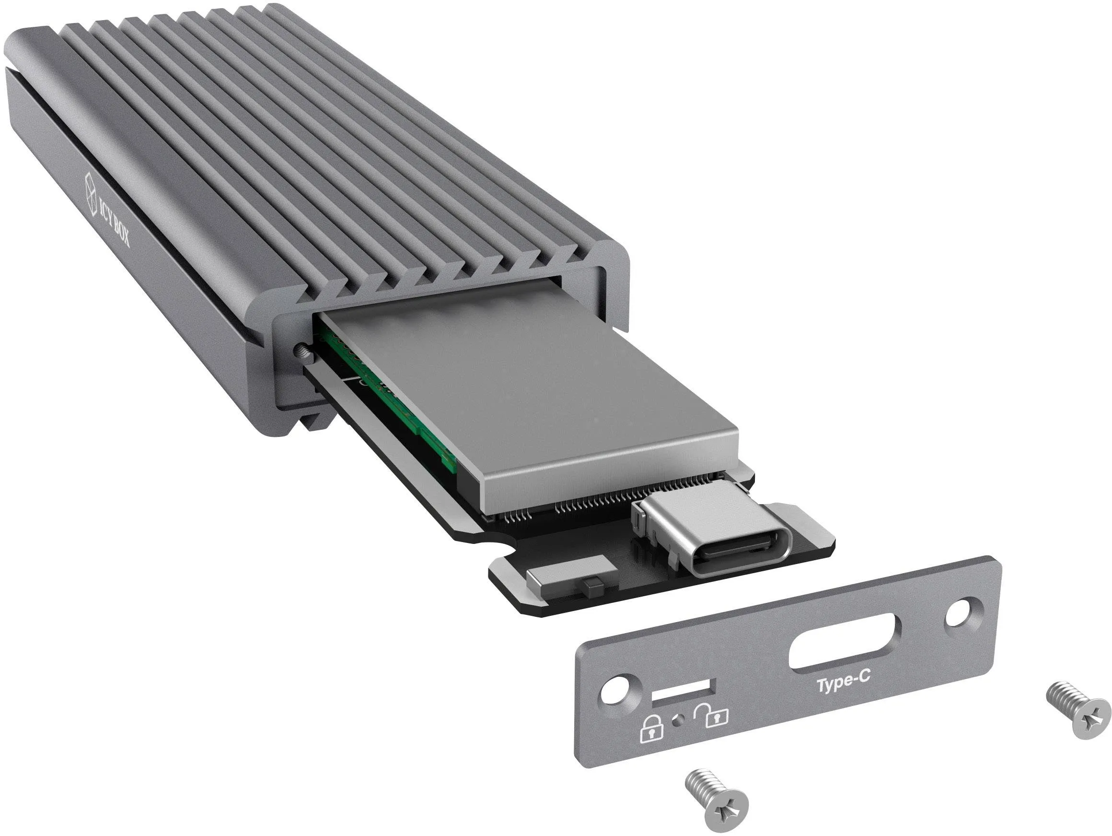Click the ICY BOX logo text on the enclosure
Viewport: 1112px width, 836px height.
pos(114,221)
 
